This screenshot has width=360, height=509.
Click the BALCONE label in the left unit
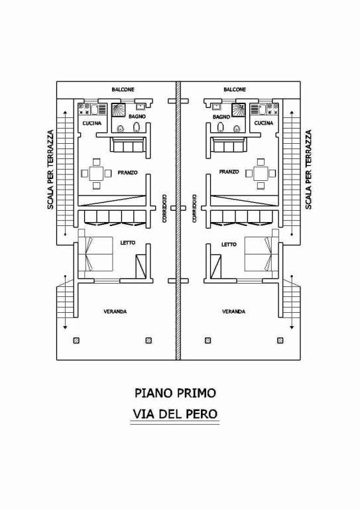[123, 89]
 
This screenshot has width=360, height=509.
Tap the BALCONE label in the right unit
[235, 89]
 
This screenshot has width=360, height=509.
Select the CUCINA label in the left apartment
[92, 123]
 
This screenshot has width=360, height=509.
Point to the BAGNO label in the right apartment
[221, 117]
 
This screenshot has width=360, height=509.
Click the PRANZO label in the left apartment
[127, 173]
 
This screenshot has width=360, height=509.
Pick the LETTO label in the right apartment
[229, 245]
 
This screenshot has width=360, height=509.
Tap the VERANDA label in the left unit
[115, 311]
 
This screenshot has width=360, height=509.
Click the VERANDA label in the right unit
[234, 311]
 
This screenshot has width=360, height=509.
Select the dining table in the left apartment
[96, 174]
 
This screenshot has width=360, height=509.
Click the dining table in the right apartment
[261, 174]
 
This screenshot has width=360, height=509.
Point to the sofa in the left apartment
[127, 144]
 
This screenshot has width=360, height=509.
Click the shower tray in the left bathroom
[119, 110]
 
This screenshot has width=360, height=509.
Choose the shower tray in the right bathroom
[238, 110]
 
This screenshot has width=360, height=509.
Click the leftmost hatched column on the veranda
[76, 341]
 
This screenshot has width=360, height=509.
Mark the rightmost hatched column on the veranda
[280, 341]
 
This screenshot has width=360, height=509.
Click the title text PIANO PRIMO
[175, 393]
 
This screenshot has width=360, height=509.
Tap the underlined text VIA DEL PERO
[175, 414]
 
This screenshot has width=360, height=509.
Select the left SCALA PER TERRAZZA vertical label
[50, 170]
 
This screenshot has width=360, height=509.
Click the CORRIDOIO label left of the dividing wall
[164, 208]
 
